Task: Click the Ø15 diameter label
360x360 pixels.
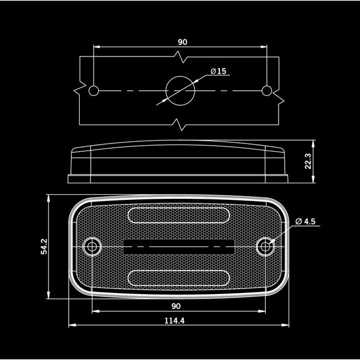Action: pos(218,71)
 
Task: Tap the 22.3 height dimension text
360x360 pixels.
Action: pos(308,161)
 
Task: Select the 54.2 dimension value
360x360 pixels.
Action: pos(44,246)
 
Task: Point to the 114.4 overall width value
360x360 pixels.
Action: pos(174,321)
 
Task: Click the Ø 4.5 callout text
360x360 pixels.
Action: pos(305,222)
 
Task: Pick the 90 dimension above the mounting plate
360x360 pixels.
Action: pos(183,42)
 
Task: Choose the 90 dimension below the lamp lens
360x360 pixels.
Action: pos(176,306)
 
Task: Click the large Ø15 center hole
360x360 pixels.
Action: pos(180,91)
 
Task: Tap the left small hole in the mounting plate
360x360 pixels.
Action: pos(94,91)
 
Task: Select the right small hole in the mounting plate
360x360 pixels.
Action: pos(267,91)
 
